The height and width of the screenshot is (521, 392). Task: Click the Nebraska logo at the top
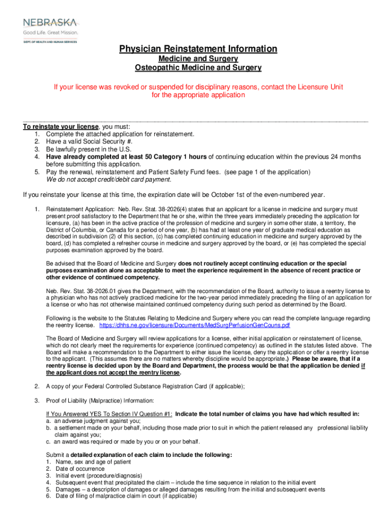coord(49,22)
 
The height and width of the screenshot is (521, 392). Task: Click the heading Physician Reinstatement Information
coord(198,49)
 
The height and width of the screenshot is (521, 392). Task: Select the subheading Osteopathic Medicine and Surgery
coord(198,68)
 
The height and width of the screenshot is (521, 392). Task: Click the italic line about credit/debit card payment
coord(109,180)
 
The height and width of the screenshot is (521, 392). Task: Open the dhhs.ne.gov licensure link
coord(194,325)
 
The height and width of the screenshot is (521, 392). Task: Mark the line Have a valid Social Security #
coord(89,141)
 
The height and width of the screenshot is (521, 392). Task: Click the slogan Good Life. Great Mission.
coord(50,33)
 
